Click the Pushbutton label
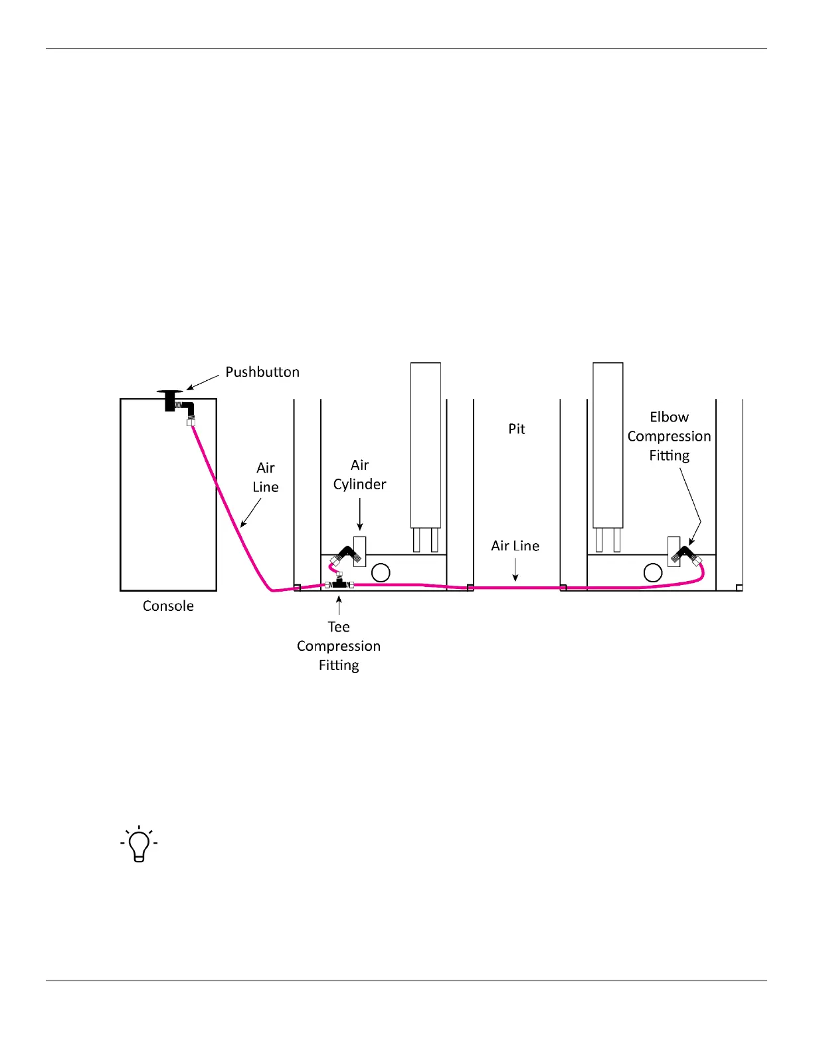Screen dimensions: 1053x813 [262, 372]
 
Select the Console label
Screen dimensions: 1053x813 [168, 606]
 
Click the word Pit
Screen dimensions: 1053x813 [517, 429]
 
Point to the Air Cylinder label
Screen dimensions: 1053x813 [359, 475]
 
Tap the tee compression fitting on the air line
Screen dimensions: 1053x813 [339, 584]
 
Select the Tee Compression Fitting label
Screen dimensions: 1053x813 [339, 646]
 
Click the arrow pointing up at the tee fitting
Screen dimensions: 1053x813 [339, 605]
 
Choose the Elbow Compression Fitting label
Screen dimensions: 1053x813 [669, 436]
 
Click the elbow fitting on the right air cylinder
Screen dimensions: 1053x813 [684, 554]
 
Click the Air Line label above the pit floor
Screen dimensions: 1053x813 [515, 546]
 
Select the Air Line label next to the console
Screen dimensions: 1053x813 [265, 477]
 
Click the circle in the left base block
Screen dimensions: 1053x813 [381, 572]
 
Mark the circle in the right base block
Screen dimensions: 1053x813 [653, 572]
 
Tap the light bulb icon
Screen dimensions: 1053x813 [139, 844]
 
